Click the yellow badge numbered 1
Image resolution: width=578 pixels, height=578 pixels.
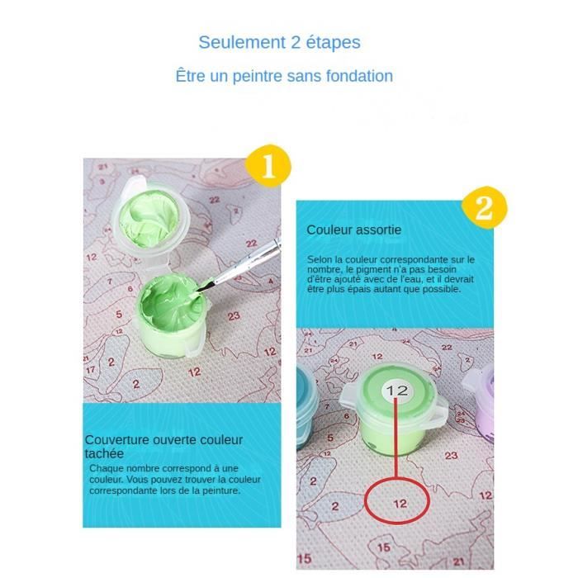268,165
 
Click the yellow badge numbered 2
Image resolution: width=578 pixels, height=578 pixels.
484,207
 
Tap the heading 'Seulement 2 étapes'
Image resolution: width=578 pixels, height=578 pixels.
279,42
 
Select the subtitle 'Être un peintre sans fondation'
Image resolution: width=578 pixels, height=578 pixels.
284,76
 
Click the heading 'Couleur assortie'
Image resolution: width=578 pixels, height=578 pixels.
354,230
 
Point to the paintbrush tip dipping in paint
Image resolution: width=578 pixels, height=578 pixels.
201,288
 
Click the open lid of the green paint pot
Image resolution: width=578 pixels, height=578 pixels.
150,218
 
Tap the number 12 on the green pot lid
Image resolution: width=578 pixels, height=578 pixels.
397,391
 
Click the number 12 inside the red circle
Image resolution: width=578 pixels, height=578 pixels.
400,504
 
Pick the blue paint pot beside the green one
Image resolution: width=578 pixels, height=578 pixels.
306,406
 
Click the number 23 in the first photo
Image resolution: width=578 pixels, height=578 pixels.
234,316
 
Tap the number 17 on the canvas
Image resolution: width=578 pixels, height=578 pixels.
91,369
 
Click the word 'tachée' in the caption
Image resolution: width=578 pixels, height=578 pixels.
104,453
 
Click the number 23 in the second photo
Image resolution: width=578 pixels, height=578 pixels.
451,456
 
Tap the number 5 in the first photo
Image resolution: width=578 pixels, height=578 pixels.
119,314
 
